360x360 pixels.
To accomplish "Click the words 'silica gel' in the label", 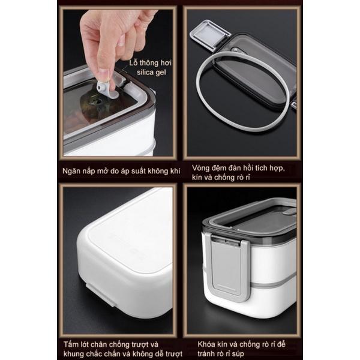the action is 151,73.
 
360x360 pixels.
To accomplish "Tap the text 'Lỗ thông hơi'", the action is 151,62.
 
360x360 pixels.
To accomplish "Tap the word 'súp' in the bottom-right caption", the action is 238,354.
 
